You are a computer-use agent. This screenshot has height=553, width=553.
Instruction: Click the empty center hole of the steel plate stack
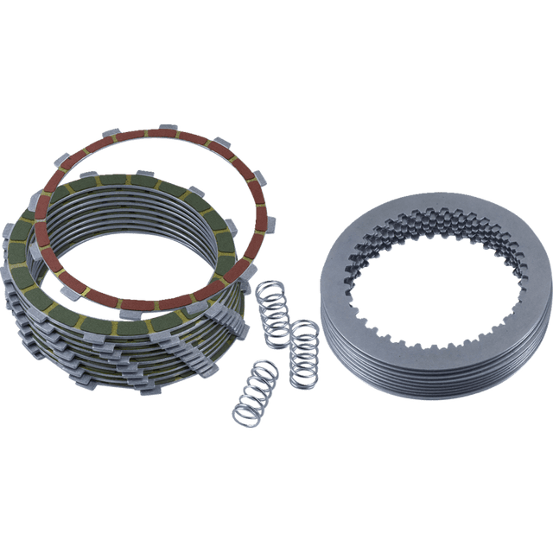(423, 294)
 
